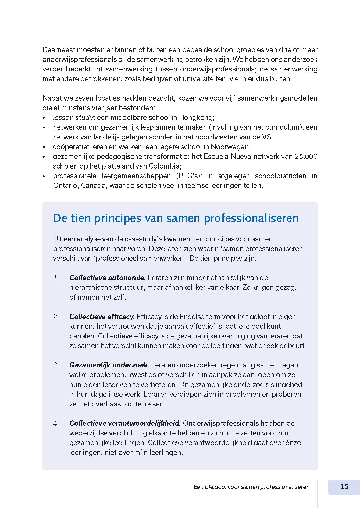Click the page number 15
(344, 486)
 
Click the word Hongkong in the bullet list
(196, 117)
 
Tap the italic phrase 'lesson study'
(73, 117)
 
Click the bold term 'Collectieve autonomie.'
(108, 278)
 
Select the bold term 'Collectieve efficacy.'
(102, 317)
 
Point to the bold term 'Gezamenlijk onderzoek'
(108, 365)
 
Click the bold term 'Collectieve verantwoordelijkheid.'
(125, 423)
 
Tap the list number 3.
(56, 365)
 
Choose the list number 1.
(56, 278)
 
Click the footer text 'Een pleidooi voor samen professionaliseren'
(251, 487)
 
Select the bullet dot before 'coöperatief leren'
(44, 147)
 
